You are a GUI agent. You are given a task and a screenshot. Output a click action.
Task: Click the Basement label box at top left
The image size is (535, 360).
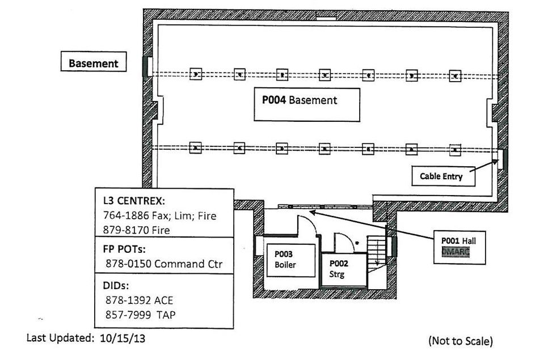(x=94, y=63)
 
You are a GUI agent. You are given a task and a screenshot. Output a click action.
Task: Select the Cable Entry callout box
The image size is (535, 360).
(x=441, y=176)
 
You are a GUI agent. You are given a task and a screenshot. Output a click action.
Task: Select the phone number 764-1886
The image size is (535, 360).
(x=124, y=215)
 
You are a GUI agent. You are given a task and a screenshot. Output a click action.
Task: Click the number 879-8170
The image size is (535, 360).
(x=124, y=230)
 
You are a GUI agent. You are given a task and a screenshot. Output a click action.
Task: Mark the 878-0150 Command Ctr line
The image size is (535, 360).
(x=164, y=264)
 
